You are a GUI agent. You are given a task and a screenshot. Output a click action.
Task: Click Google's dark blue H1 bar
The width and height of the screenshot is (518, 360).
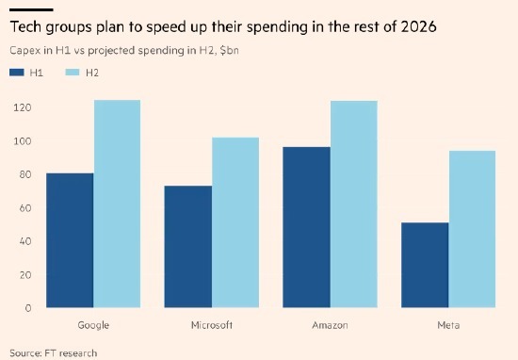[70, 240]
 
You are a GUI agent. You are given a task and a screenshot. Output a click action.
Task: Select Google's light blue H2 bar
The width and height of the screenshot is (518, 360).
[117, 204]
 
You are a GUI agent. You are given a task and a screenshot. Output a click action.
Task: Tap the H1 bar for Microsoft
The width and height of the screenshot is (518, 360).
[188, 247]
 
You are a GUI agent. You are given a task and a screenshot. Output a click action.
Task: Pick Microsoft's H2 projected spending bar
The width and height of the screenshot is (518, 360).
[235, 222]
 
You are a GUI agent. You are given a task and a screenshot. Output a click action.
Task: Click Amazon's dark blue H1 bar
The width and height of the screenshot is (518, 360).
[307, 227]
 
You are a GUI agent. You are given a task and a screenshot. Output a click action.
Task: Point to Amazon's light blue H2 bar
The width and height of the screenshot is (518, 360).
[354, 205]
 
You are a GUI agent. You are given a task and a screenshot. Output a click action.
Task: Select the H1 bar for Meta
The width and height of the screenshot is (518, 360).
[425, 265]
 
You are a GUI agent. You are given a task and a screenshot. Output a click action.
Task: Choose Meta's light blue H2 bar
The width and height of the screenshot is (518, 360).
[472, 229]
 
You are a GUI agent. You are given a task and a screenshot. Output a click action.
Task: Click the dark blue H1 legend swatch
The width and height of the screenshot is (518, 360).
[17, 73]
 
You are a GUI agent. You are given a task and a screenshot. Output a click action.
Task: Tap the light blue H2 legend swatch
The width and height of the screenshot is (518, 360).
[73, 73]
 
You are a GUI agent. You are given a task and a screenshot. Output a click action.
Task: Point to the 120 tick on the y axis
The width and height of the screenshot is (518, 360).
[23, 107]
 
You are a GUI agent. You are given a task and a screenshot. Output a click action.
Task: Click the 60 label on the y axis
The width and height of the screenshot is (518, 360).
[25, 208]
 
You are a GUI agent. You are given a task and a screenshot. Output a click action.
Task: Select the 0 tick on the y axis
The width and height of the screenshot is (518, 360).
[28, 308]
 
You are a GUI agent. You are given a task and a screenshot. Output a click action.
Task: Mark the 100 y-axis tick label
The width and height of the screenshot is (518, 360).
[23, 141]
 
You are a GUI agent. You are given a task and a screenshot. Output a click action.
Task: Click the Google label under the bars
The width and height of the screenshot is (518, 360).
[93, 325]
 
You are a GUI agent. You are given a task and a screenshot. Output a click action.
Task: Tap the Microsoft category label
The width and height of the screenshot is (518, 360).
[212, 325]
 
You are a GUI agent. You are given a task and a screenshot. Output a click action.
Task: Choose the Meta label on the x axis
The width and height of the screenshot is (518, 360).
[448, 325]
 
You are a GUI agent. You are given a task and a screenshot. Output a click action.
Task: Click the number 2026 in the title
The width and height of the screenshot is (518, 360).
[418, 26]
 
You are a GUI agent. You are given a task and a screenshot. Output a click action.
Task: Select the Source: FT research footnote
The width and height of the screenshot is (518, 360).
[53, 353]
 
